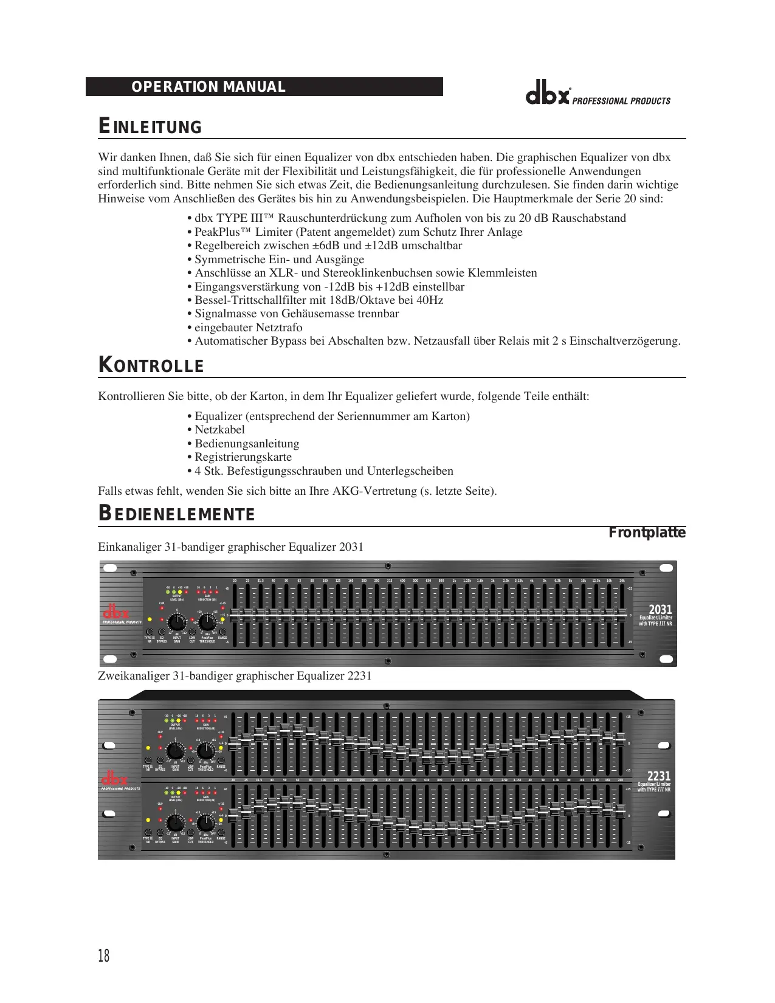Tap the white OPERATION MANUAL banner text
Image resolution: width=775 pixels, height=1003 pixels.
point(208,87)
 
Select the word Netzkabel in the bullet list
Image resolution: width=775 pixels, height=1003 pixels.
point(219,430)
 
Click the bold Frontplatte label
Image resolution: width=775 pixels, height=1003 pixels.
point(647,533)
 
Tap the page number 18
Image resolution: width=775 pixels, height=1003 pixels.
point(104,956)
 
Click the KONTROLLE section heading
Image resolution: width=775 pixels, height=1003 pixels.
point(151,365)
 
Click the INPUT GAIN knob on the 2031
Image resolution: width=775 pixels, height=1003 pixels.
point(177,622)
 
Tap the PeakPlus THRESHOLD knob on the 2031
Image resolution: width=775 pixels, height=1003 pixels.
point(207,622)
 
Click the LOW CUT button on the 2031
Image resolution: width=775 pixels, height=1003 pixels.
point(192,632)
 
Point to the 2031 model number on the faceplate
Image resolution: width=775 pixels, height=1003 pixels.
point(660,610)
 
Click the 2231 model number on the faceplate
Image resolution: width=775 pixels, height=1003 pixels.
point(659,776)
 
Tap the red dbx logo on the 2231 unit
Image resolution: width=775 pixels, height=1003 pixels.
point(115,779)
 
